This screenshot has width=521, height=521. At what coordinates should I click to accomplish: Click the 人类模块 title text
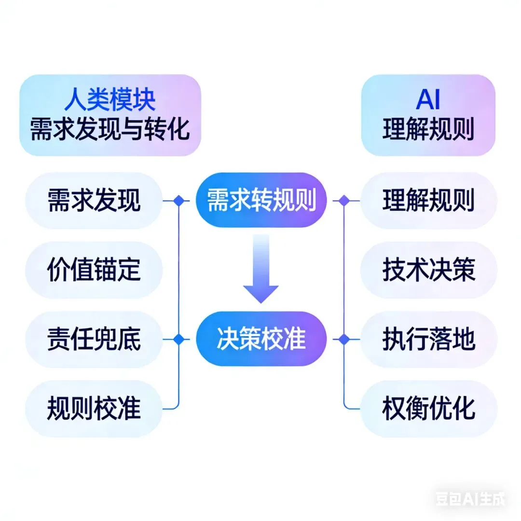(x=110, y=100)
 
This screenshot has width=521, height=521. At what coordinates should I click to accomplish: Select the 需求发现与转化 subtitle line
(x=110, y=129)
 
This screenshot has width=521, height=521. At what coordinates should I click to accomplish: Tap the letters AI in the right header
(x=428, y=100)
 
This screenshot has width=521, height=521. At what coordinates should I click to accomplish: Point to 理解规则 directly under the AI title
(x=428, y=129)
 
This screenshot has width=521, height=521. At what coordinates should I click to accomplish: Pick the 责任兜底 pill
(x=94, y=339)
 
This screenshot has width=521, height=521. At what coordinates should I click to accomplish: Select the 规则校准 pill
(x=94, y=409)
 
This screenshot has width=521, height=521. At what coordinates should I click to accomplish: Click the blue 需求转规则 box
(x=261, y=200)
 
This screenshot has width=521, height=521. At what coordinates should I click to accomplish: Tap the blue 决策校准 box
(x=261, y=339)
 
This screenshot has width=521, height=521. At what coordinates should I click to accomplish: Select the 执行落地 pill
(x=428, y=339)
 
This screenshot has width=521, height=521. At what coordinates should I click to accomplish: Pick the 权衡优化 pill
(x=428, y=409)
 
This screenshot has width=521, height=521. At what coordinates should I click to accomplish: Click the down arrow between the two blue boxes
(x=260, y=270)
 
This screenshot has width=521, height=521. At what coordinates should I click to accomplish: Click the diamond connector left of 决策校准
(x=179, y=339)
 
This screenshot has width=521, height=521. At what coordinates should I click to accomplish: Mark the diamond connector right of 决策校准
(x=344, y=339)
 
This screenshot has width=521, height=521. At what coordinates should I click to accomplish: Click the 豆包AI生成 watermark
(x=470, y=499)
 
